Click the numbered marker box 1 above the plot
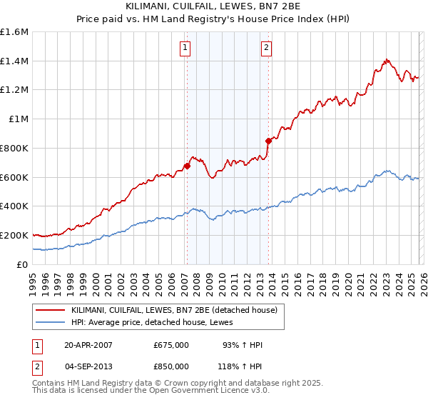pyautogui.click(x=185, y=48)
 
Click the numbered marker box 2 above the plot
pyautogui.click(x=266, y=48)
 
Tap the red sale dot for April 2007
pyautogui.click(x=187, y=166)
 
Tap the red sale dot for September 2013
pyautogui.click(x=268, y=141)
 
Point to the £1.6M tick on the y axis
pyautogui.click(x=14, y=32)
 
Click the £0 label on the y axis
pyautogui.click(x=23, y=264)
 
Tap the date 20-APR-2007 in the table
pyautogui.click(x=88, y=345)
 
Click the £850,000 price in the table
pyautogui.click(x=171, y=366)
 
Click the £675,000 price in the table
pyautogui.click(x=171, y=345)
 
